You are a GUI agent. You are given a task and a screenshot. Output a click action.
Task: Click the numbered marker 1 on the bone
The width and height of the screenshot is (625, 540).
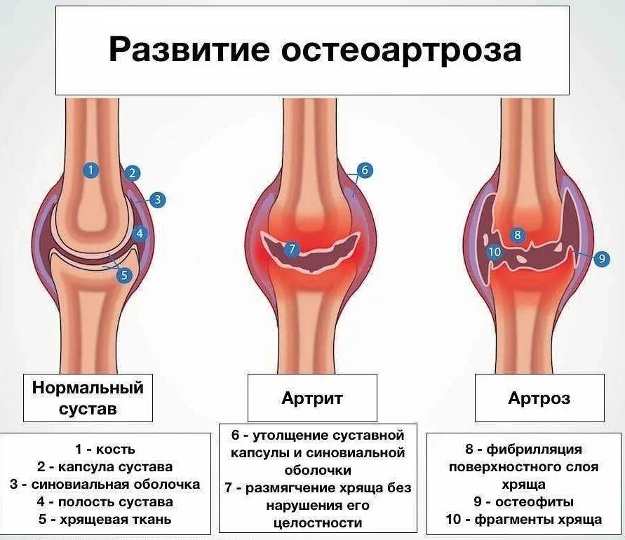(90, 170)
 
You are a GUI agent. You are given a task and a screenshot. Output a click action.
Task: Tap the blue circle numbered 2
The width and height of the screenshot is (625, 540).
(133, 173)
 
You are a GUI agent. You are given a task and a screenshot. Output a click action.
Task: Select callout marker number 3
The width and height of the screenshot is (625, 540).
(157, 200)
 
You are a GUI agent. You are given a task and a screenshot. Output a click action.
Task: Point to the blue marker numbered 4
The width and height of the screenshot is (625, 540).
(140, 234)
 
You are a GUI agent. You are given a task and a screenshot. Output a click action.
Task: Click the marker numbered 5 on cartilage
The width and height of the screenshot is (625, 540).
(125, 275)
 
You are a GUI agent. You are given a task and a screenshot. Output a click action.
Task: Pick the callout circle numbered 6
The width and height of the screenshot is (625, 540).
(364, 170)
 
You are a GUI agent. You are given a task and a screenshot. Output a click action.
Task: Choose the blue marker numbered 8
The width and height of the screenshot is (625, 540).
(518, 235)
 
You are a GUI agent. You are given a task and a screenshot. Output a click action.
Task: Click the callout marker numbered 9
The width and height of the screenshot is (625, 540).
(601, 259)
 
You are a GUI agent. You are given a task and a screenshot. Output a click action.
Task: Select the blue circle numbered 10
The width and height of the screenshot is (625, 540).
(495, 252)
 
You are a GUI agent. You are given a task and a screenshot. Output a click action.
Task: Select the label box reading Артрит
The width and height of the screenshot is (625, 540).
(312, 398)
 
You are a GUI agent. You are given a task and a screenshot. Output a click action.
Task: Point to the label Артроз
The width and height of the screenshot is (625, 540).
(539, 398)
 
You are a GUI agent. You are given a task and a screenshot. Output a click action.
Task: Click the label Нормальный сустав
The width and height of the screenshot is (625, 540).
(88, 398)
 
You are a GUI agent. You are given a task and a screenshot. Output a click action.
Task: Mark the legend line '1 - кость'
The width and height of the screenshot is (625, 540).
(105, 449)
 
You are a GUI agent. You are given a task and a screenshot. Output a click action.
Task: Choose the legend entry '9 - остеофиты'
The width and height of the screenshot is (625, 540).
(524, 502)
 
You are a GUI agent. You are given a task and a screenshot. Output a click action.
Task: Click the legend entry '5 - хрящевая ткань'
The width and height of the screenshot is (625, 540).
(105, 520)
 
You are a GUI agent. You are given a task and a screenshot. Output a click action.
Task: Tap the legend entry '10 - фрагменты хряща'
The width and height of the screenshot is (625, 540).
(524, 520)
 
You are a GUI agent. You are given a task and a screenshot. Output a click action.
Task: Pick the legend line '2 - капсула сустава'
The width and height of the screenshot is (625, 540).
(105, 466)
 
